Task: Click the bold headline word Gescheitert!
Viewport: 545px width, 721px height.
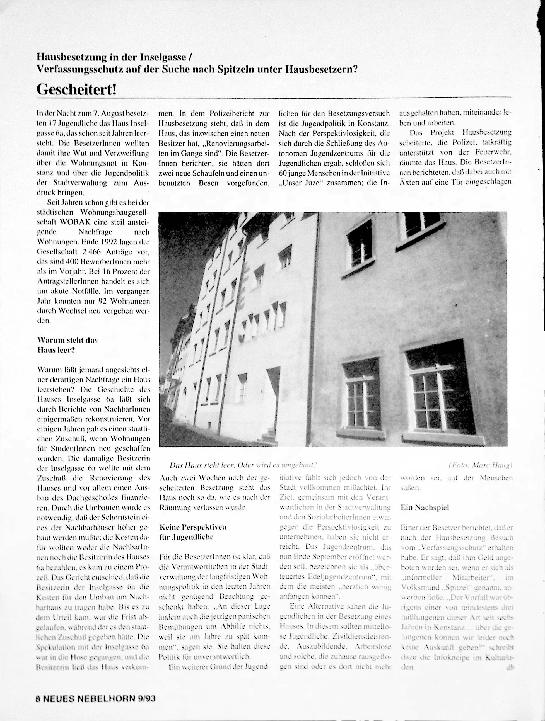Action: click(76, 89)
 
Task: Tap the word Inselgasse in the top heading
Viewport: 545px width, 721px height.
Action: click(163, 57)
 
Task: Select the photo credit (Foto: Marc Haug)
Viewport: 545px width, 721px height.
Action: click(480, 465)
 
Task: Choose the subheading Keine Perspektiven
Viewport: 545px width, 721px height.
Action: click(193, 527)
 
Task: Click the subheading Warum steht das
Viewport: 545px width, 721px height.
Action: click(67, 340)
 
